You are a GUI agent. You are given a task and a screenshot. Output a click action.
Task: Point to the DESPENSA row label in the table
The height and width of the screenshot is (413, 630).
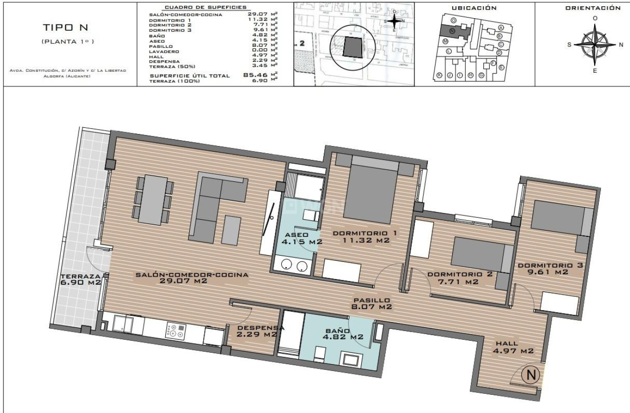pos(164,61)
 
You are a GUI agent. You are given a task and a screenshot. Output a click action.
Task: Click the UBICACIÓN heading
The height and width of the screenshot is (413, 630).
pos(474,8)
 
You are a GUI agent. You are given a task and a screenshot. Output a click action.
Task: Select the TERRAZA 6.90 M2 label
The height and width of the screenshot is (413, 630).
pos(80,279)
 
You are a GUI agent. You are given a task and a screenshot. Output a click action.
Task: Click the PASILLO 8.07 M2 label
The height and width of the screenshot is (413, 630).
pos(372,303)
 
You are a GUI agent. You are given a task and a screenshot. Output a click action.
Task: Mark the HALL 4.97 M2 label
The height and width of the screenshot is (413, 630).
pos(513,347)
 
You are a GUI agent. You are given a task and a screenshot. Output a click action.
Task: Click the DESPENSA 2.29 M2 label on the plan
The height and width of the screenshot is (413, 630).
pos(258,331)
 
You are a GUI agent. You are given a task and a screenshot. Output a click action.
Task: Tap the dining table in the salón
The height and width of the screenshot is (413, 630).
pos(153,200)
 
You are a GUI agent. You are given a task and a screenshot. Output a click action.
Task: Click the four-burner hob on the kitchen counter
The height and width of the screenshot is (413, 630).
pos(176,331)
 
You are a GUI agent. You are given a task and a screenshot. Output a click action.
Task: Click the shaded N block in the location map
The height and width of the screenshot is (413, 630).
pos(453,32)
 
